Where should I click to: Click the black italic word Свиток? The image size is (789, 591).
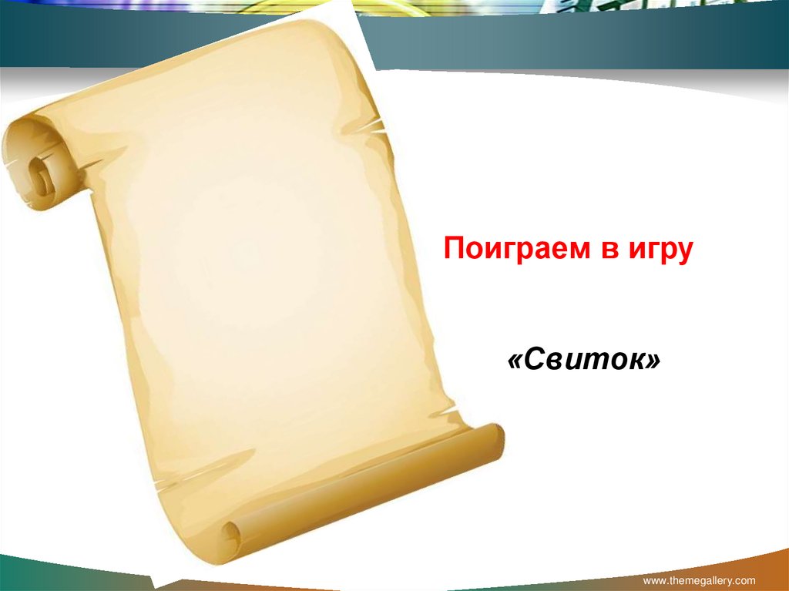click(584, 360)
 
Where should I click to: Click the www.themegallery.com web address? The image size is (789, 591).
click(699, 580)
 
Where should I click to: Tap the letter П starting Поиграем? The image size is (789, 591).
click(454, 249)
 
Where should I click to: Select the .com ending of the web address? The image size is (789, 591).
click(745, 580)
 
